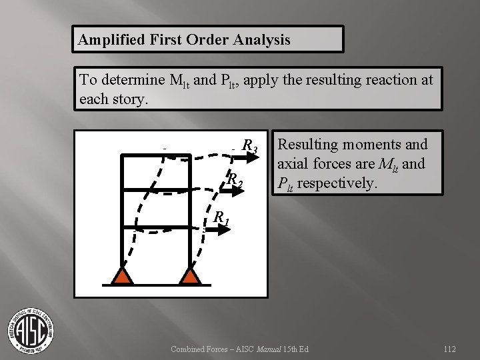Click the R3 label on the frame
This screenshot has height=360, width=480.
250,145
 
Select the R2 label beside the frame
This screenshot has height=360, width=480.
234,180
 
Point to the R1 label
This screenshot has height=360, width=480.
221,217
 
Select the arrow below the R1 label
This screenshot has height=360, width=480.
216,228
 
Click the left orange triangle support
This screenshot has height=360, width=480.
121,275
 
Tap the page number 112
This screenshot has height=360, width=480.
449,349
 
